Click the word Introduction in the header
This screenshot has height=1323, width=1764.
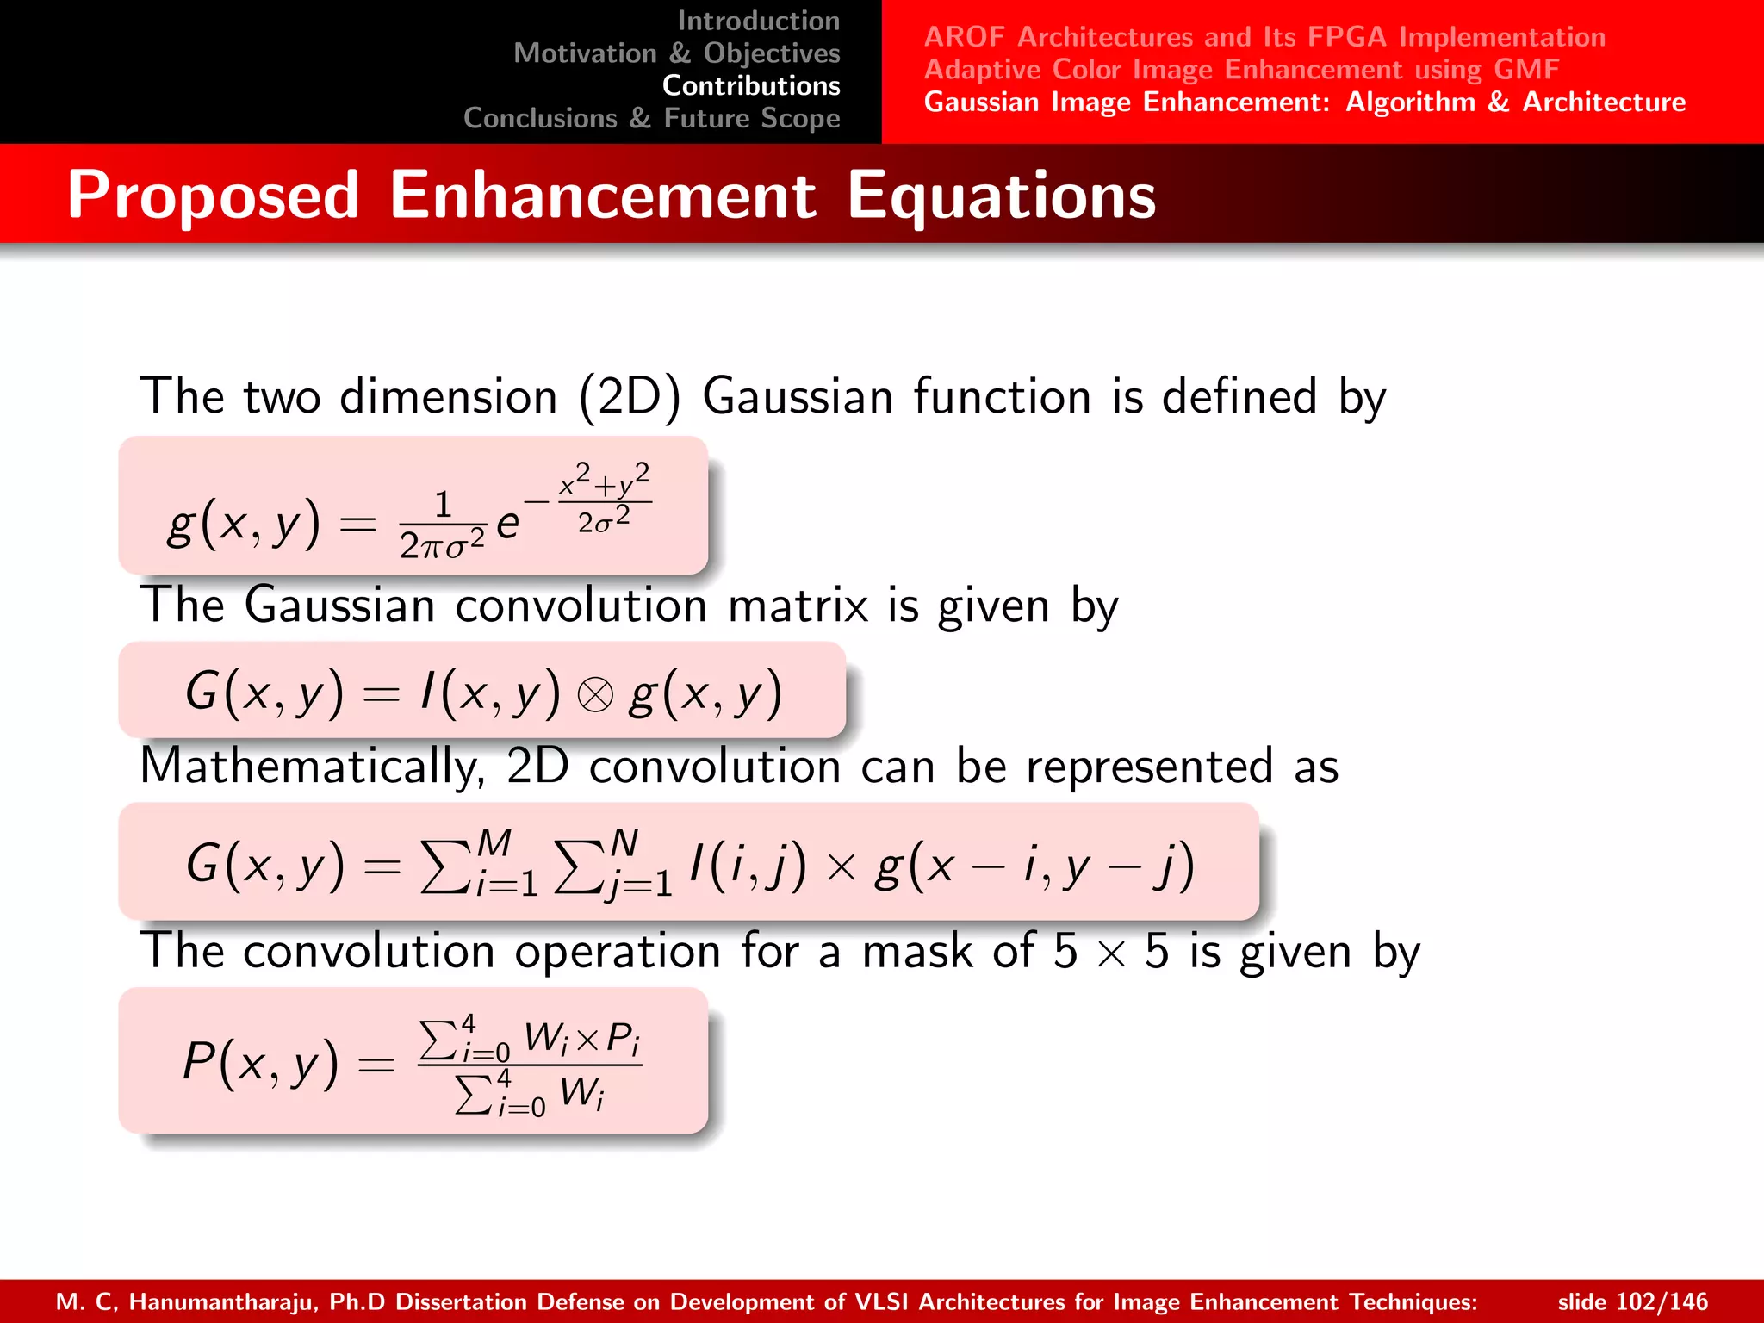click(758, 21)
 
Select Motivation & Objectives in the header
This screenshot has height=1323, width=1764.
click(676, 53)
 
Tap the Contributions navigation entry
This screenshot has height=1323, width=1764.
click(750, 86)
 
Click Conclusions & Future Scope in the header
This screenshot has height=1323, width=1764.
click(651, 119)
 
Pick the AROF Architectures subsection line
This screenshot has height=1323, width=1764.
click(1264, 37)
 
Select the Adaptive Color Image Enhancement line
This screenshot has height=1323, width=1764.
click(1240, 70)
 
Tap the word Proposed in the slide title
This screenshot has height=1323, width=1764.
click(213, 196)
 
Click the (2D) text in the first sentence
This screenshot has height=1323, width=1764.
click(629, 397)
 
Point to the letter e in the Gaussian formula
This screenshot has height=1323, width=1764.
click(508, 523)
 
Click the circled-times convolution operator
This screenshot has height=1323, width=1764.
click(594, 694)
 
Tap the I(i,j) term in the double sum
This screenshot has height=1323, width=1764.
click(747, 865)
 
